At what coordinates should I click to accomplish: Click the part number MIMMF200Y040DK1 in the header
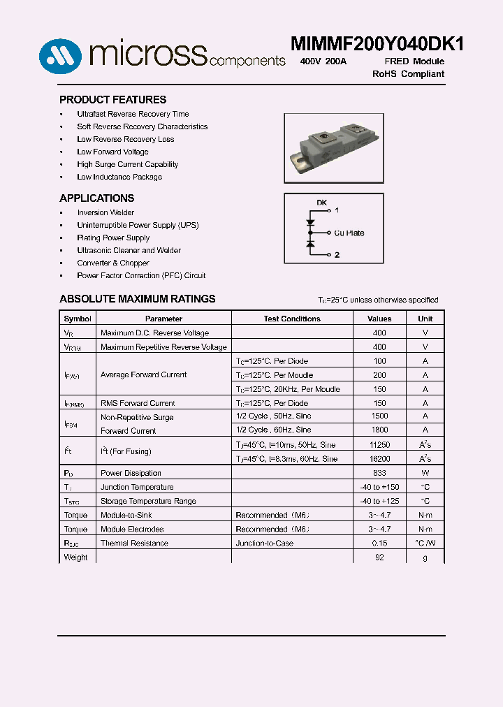tap(377, 43)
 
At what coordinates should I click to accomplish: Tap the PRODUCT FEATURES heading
tap(112, 100)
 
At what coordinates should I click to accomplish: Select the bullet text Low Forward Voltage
tap(112, 152)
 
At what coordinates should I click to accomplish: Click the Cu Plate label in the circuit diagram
tap(349, 233)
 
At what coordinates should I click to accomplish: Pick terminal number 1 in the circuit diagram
tap(337, 210)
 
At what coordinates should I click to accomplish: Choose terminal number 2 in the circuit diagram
tap(337, 255)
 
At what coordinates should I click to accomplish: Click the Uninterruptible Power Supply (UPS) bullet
tap(138, 225)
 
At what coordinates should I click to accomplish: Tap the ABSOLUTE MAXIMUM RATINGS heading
tap(137, 299)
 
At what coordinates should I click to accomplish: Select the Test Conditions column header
tap(292, 319)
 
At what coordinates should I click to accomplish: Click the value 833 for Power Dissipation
tap(379, 473)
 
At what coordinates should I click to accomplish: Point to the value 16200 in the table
tap(379, 459)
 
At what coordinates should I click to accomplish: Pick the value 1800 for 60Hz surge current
tap(379, 430)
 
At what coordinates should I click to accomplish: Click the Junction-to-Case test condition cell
tap(264, 543)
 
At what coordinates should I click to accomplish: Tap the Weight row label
tap(75, 557)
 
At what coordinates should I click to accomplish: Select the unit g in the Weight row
tap(425, 557)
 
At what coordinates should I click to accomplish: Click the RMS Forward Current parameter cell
tap(138, 403)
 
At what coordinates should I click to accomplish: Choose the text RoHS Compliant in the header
tap(408, 74)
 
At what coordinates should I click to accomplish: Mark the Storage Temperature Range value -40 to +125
tap(379, 501)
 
